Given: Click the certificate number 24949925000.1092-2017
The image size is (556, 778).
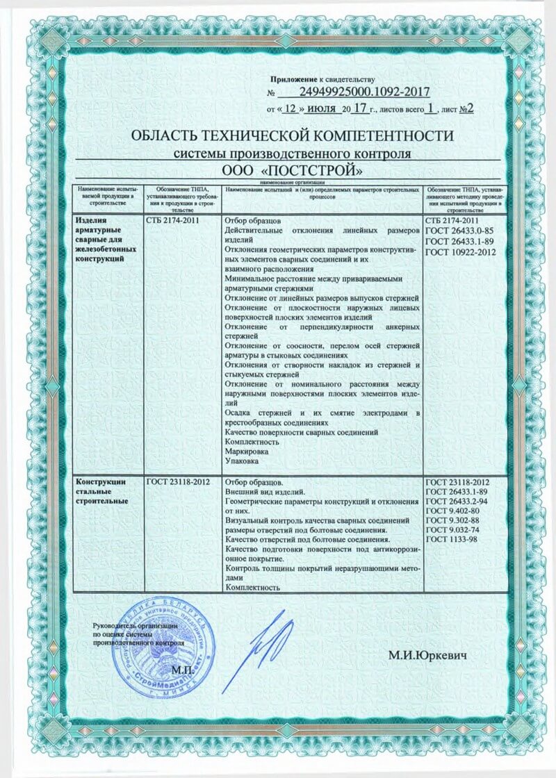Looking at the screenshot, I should pyautogui.click(x=366, y=92).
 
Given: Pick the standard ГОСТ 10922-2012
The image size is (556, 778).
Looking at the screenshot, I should pyautogui.click(x=460, y=251).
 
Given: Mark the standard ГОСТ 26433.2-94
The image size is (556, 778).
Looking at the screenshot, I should pyautogui.click(x=458, y=501).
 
